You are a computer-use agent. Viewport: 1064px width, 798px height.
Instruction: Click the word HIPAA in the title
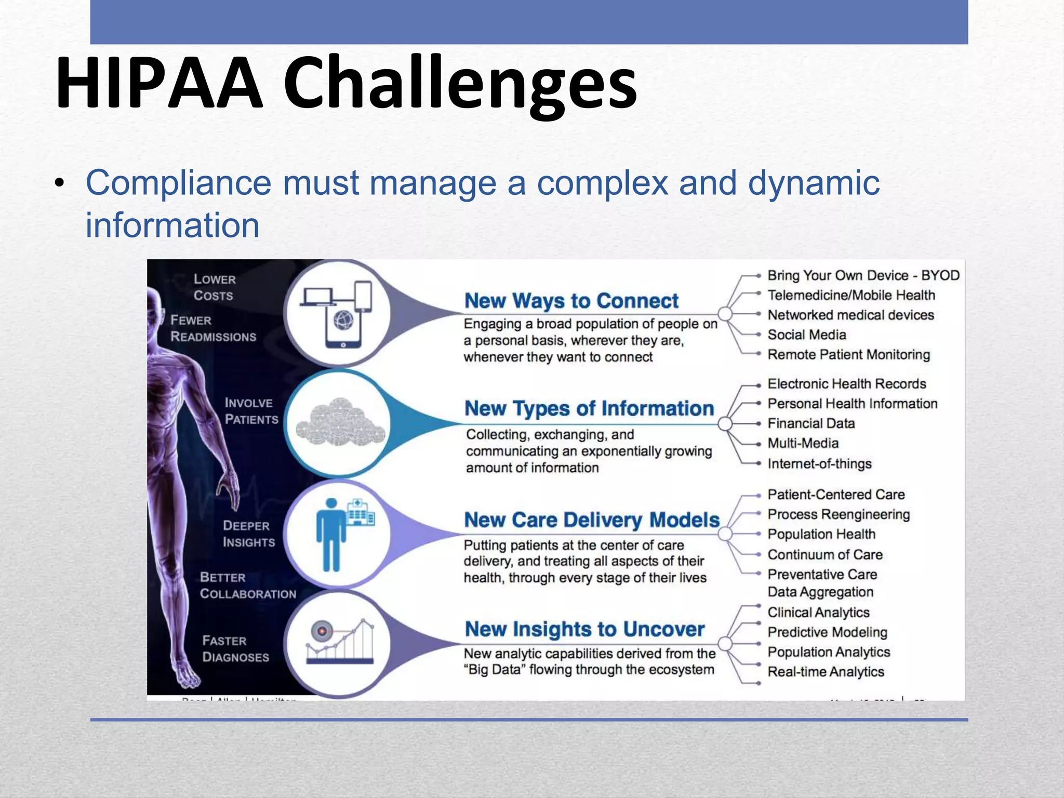point(159,83)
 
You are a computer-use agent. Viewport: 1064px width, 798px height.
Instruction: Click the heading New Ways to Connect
point(571,301)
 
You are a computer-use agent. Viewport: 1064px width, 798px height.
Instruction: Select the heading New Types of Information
point(589,408)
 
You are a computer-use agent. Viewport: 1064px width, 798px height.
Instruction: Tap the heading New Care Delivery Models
point(592,520)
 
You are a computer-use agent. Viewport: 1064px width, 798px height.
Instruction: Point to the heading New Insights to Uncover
point(584,629)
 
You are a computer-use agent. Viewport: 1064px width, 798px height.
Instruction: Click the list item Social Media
point(806,335)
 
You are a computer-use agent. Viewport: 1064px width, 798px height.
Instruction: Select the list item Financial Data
point(811,423)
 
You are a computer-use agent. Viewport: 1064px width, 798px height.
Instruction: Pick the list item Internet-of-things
point(819,463)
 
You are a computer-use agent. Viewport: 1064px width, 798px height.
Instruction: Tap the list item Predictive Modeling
point(827,632)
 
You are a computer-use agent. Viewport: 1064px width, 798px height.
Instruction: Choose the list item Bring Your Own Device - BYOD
point(863,275)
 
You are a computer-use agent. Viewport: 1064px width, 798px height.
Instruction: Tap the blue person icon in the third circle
point(330,535)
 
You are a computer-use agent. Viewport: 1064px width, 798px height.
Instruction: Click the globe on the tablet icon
point(343,321)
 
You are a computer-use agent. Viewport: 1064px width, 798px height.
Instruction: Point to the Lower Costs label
point(214,287)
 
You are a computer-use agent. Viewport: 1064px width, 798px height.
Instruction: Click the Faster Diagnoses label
point(235,649)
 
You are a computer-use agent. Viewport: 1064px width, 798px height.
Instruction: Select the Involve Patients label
point(251,411)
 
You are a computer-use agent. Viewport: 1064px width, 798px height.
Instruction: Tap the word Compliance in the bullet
point(178,183)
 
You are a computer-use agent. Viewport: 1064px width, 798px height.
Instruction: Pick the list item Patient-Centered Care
point(836,495)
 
